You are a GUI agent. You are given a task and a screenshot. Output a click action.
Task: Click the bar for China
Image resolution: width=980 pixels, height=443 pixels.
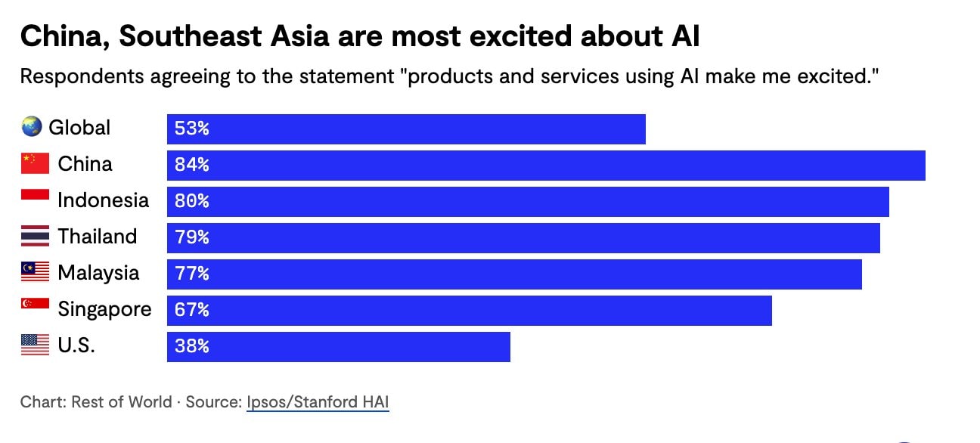(546, 166)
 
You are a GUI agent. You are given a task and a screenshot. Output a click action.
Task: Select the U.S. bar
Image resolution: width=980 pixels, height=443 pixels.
(339, 347)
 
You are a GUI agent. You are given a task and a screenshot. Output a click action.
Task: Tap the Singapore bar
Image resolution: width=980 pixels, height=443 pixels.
(469, 311)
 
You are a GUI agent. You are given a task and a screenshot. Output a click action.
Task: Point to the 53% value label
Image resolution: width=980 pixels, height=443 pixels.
(191, 129)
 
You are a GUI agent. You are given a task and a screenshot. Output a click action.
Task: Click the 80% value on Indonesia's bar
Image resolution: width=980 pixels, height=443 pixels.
(191, 202)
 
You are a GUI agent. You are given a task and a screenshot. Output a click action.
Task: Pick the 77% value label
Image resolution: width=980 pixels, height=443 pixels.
(191, 274)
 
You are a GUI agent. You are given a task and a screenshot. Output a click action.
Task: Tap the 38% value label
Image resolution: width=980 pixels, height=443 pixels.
(191, 347)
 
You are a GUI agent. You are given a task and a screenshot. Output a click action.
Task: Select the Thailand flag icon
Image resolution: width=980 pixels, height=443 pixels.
(35, 237)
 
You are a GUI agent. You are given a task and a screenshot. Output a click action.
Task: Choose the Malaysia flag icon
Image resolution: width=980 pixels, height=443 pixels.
(35, 272)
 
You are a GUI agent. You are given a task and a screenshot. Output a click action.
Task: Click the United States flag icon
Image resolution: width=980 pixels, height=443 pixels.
(35, 345)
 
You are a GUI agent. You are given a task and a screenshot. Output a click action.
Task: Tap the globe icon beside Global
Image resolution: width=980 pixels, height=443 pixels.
(31, 127)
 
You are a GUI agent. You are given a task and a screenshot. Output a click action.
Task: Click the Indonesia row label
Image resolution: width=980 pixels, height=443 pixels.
(103, 200)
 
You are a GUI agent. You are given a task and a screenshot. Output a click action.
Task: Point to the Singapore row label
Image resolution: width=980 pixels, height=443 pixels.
(104, 309)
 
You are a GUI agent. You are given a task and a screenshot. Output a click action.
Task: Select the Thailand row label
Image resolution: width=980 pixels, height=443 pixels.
(98, 237)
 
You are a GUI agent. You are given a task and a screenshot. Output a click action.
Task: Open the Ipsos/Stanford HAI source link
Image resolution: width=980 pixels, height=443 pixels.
(318, 402)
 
